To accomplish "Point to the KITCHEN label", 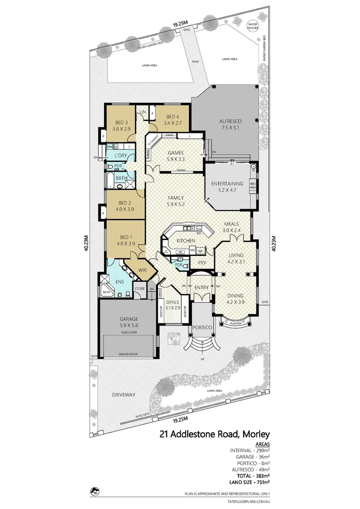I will click(x=185, y=241).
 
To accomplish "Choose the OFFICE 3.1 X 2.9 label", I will click(x=173, y=304).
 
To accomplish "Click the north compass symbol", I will click(x=95, y=492).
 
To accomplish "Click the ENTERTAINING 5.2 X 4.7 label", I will click(x=227, y=187).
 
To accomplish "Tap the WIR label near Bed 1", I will click(x=142, y=271).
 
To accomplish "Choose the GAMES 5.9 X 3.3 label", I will click(x=176, y=156).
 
